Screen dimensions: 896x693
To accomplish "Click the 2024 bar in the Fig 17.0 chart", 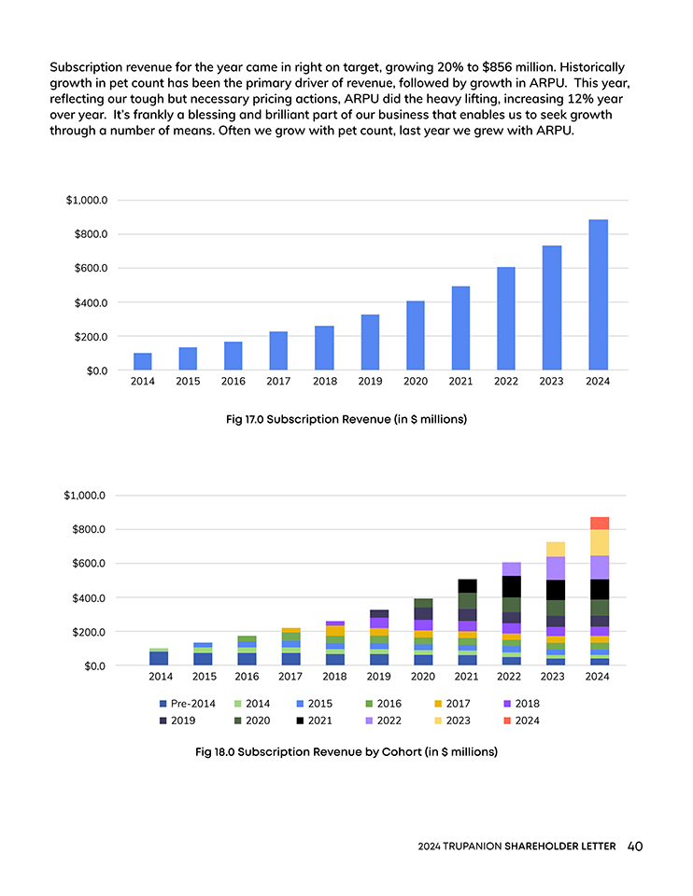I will pos(598,295).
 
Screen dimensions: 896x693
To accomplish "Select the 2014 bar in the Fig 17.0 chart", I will pos(143,361).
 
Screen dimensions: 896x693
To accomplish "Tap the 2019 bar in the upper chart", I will pos(370,343).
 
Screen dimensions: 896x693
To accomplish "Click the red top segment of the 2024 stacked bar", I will pos(599,523).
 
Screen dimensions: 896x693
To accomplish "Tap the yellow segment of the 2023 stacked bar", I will pos(555,549).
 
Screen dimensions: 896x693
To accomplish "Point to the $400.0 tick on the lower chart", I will pos(90,597).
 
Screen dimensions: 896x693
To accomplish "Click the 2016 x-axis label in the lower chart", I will pos(247,678).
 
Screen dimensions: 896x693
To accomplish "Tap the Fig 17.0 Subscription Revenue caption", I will pos(346,420).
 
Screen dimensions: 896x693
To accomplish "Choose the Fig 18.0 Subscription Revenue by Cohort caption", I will pos(346,751).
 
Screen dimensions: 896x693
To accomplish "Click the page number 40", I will pos(635,847).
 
